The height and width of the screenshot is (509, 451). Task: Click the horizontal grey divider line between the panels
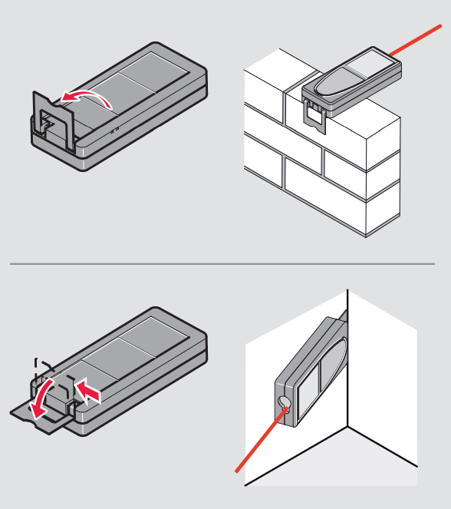tap(222, 264)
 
